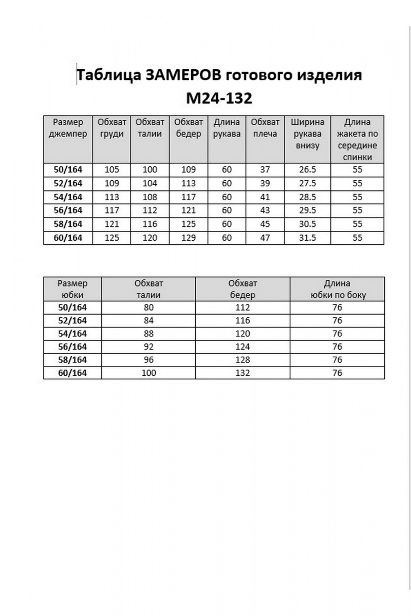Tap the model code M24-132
click(x=217, y=98)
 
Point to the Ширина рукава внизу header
click(x=307, y=134)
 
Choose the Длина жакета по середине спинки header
click(x=358, y=140)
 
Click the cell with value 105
click(x=112, y=170)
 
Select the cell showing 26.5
click(x=307, y=170)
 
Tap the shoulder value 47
click(x=265, y=238)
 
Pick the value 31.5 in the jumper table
click(x=307, y=238)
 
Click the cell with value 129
click(x=188, y=238)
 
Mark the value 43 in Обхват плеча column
click(x=265, y=210)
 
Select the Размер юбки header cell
click(x=72, y=289)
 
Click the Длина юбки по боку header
click(x=337, y=289)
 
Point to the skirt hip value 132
click(x=242, y=373)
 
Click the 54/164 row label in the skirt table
click(x=72, y=334)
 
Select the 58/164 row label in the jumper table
click(x=67, y=224)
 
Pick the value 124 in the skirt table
click(x=242, y=346)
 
